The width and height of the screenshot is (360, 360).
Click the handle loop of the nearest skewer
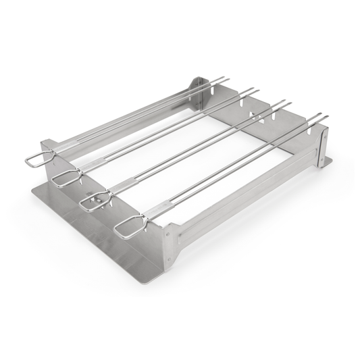point(127,227)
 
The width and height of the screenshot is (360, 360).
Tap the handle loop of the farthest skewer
point(38,159)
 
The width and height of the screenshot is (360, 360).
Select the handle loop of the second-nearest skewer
point(95,201)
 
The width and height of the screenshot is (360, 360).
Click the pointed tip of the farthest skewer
point(229,79)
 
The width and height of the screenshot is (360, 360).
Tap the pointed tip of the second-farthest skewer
point(258,88)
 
